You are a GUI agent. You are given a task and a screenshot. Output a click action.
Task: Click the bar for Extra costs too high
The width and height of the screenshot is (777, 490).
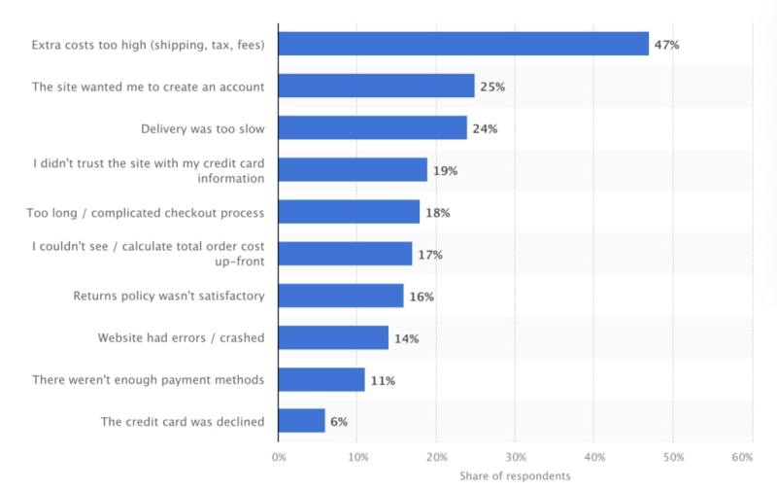(x=463, y=44)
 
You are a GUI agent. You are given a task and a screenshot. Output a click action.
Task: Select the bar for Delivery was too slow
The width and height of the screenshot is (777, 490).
(x=372, y=127)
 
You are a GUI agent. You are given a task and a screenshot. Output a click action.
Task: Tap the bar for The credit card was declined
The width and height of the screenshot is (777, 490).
(x=301, y=421)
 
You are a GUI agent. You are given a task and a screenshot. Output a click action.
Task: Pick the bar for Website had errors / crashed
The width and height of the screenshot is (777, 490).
(x=333, y=337)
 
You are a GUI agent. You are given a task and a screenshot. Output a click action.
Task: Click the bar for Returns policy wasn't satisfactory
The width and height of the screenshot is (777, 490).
(x=341, y=296)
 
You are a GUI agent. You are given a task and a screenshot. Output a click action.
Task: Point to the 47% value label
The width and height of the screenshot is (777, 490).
(x=667, y=44)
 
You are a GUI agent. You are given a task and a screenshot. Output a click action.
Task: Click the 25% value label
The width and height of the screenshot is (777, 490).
(x=492, y=87)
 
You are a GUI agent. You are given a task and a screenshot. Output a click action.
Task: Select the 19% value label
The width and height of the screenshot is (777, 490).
(x=445, y=170)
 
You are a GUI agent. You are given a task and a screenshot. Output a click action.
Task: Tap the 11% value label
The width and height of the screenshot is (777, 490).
(x=382, y=380)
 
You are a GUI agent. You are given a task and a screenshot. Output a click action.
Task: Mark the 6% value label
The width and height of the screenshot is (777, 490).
(x=339, y=422)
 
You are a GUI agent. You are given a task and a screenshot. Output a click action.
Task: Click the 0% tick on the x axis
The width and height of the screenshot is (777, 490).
(x=279, y=456)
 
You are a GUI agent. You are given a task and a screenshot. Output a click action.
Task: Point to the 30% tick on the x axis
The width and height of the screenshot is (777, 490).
(x=516, y=456)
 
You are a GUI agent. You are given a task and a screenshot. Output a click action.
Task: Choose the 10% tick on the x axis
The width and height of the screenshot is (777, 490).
(x=357, y=456)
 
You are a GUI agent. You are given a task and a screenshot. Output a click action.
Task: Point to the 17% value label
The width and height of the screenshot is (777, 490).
(x=429, y=255)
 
